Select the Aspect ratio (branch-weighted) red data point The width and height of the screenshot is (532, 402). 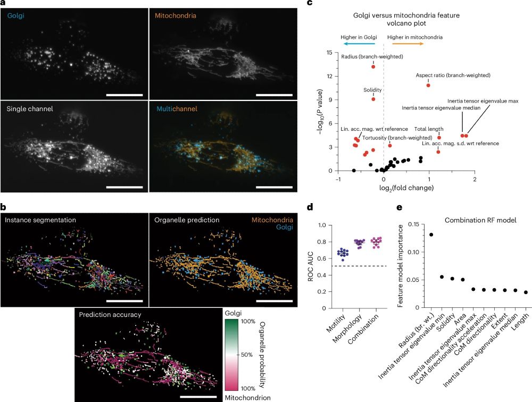point(428,86)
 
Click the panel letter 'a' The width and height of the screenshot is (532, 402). point(3,4)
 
